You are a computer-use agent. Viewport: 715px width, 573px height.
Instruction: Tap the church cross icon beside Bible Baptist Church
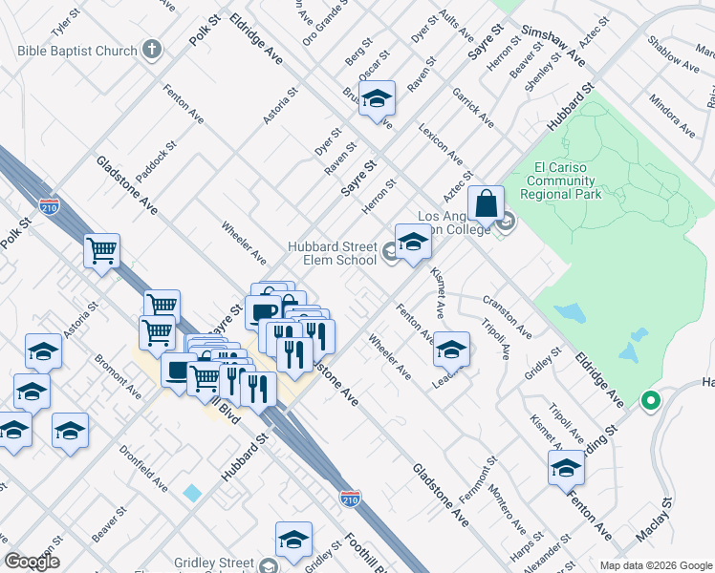[x=151, y=50]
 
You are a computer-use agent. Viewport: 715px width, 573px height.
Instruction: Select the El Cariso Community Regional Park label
[x=567, y=180]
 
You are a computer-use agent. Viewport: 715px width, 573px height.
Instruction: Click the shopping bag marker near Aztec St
[x=487, y=204]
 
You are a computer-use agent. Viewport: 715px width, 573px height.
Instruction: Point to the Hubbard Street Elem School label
[x=333, y=253]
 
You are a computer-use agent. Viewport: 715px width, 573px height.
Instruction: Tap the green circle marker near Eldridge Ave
[x=651, y=400]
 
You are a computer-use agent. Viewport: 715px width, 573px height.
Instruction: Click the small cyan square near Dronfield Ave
[x=193, y=493]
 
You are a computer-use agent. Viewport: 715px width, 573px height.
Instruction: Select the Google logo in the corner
[x=32, y=561]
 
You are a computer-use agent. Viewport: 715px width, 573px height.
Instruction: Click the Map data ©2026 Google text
[x=655, y=565]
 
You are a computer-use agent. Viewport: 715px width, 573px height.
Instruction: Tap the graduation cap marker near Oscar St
[x=377, y=99]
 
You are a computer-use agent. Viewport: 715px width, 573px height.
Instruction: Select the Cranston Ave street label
[x=507, y=316]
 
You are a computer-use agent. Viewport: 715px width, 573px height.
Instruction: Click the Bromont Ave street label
[x=118, y=379]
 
